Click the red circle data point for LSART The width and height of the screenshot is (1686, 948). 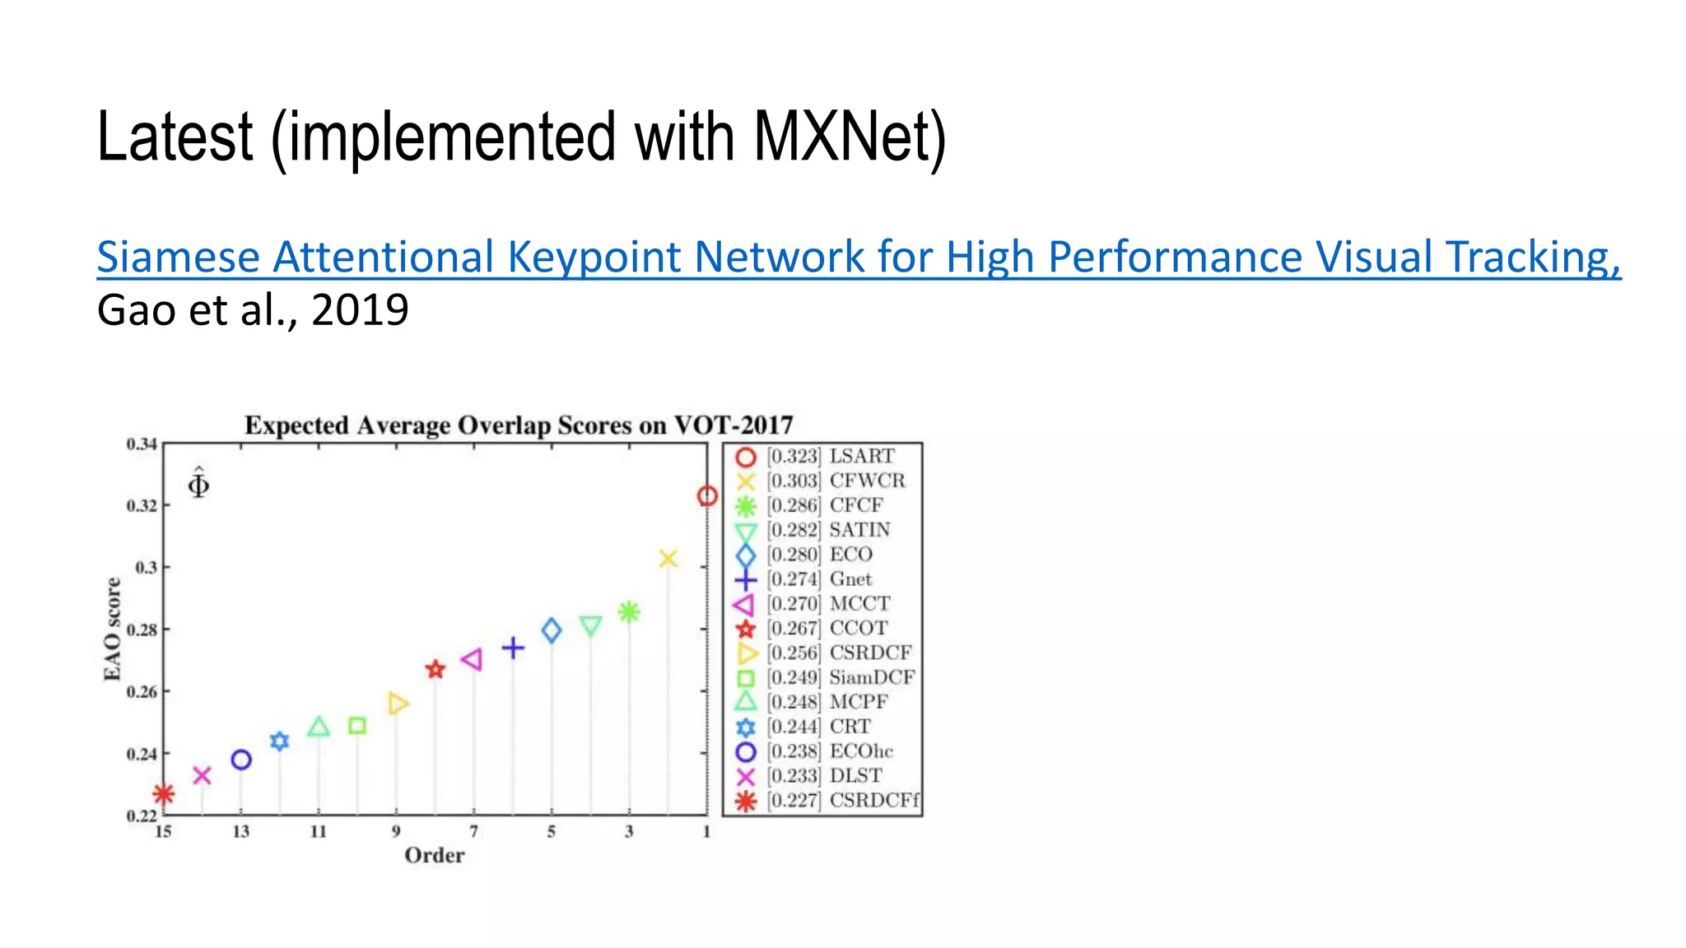(707, 496)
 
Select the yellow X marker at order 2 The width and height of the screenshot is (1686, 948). (668, 559)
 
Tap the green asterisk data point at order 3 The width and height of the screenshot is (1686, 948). (629, 612)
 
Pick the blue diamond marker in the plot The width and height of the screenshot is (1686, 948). (552, 631)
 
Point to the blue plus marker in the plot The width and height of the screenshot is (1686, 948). (513, 648)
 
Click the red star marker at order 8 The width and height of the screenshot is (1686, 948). (435, 670)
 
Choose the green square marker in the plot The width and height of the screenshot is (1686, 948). (357, 726)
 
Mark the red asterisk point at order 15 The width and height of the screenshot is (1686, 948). (164, 794)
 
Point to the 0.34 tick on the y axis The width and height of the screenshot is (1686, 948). (142, 444)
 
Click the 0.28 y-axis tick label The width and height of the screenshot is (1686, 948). (142, 630)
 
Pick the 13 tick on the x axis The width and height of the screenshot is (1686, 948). (240, 832)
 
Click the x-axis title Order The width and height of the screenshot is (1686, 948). (435, 856)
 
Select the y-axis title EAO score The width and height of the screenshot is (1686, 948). (112, 630)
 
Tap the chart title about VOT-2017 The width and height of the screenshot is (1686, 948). (519, 425)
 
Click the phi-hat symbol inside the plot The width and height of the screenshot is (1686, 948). (198, 483)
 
